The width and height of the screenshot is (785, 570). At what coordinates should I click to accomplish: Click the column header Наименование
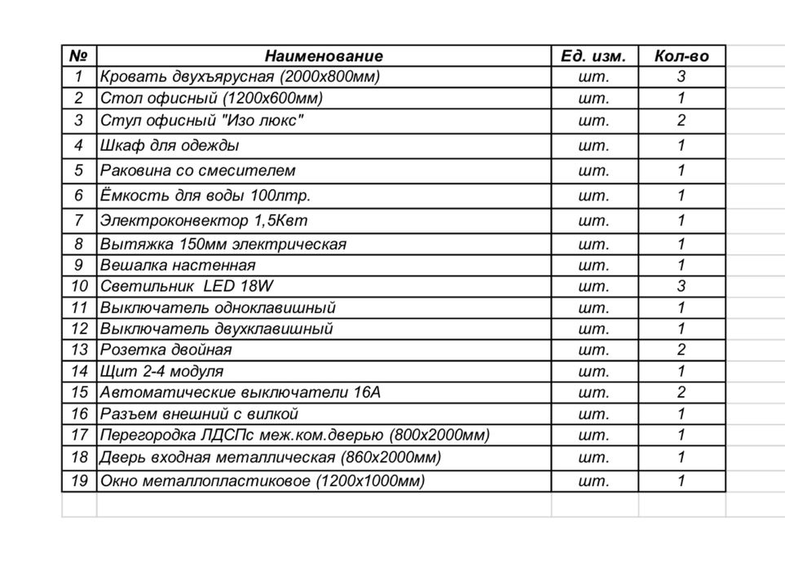coord(323,56)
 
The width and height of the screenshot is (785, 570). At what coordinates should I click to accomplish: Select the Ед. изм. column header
coord(593,56)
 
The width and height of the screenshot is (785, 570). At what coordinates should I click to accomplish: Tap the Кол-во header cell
coord(681,56)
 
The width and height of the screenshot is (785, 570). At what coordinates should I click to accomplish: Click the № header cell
coord(79,56)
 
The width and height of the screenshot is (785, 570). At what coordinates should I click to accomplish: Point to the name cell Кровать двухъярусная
coord(240,77)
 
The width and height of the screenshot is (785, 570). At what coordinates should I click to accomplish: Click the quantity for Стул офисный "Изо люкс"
coord(681,121)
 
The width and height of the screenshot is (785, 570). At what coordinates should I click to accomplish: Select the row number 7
coord(79,220)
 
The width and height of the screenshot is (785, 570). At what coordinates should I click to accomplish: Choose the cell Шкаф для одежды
coord(170,146)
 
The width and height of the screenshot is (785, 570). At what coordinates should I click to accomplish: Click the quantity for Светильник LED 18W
coord(681,286)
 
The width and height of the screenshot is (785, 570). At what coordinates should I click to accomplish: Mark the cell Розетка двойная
coord(166,350)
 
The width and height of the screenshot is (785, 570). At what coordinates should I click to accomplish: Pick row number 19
coord(79,481)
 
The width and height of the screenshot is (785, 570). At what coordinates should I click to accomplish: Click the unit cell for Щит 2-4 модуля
coord(593,371)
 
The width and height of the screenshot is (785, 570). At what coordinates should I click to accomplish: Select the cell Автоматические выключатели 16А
coord(240,392)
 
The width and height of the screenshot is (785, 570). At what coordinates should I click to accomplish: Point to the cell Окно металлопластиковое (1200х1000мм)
coord(262,481)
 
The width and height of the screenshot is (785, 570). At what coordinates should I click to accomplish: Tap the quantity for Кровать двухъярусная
coord(681,77)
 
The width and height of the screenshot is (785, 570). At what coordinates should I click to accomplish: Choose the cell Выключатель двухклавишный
coord(216,329)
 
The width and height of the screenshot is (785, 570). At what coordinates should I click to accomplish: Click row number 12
coord(79,329)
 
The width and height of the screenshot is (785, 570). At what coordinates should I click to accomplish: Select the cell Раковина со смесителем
coord(197,170)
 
